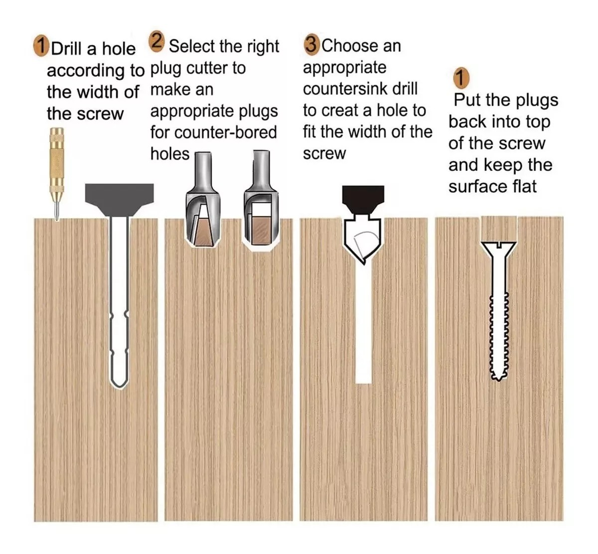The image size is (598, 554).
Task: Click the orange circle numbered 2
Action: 156,41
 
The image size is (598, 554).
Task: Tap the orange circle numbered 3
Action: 311,45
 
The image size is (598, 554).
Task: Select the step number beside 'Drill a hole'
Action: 41,46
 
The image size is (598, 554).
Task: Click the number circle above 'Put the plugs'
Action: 461,78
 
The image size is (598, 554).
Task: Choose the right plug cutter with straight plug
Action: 261,200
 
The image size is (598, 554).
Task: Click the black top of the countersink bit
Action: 363,199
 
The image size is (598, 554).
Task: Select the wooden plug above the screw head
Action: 499,229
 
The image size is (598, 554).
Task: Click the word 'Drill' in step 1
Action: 67,49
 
